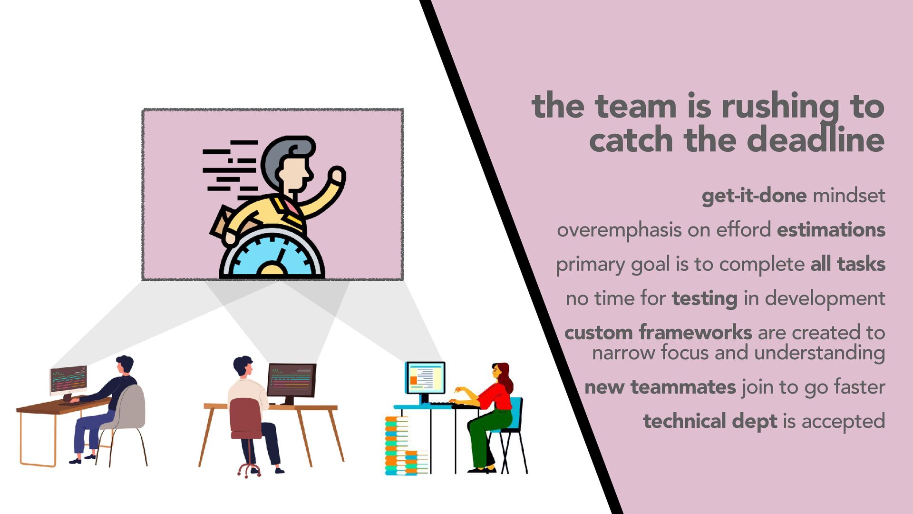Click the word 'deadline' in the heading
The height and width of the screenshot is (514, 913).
click(x=816, y=140)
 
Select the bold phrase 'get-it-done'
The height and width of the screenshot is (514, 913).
click(x=754, y=196)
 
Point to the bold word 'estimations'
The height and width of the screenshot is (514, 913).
click(x=831, y=230)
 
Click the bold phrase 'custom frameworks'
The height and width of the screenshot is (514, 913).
click(x=658, y=332)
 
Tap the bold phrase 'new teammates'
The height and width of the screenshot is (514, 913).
click(x=660, y=387)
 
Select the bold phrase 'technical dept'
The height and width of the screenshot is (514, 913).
click(x=710, y=422)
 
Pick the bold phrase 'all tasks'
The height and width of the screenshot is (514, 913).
click(x=848, y=264)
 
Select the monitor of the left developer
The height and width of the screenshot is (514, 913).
click(x=68, y=381)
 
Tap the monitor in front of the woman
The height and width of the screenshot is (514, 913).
click(x=426, y=378)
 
